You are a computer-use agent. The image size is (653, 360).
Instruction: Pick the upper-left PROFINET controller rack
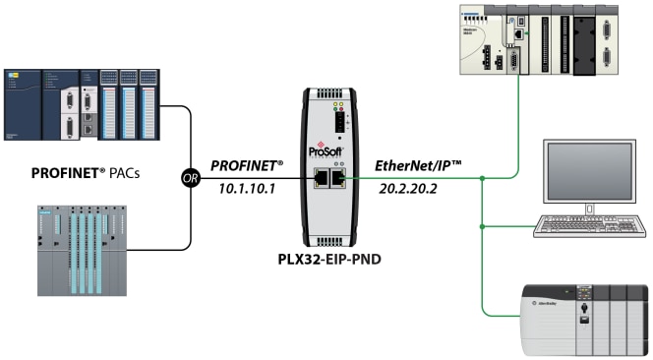coord(81,106)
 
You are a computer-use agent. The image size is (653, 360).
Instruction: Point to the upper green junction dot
coord(483,178)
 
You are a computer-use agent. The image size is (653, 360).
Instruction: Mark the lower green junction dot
coord(483,228)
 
